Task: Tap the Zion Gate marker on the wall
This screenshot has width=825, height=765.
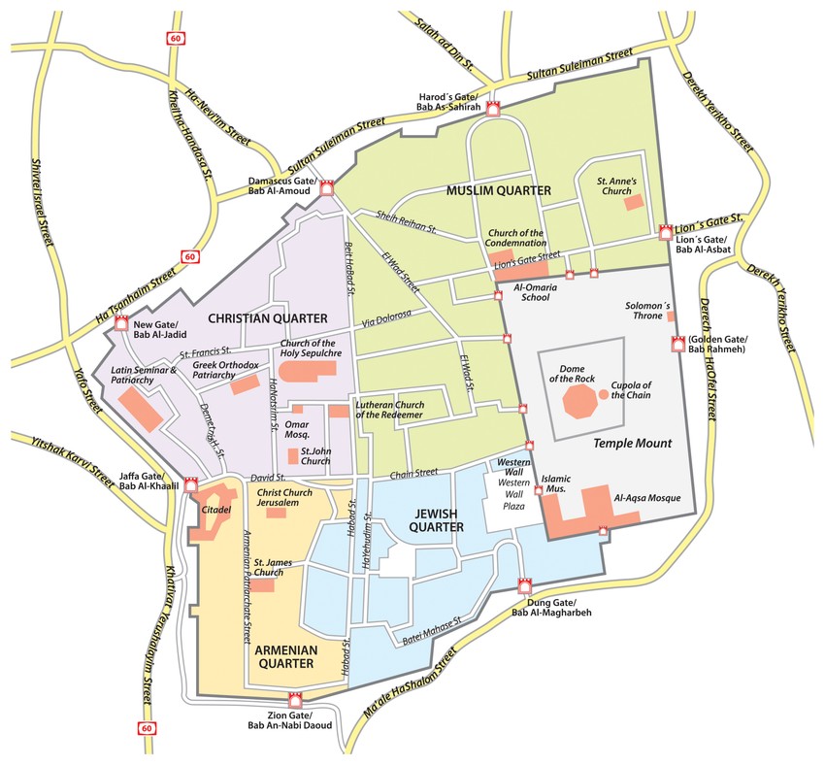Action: (296, 699)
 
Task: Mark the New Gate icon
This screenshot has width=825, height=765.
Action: (122, 324)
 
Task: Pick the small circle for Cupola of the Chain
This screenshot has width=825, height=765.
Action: (604, 394)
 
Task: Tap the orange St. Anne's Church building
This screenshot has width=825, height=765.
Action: (634, 202)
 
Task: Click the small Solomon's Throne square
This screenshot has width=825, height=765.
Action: (671, 316)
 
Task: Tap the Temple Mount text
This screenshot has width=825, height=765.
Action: (633, 443)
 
